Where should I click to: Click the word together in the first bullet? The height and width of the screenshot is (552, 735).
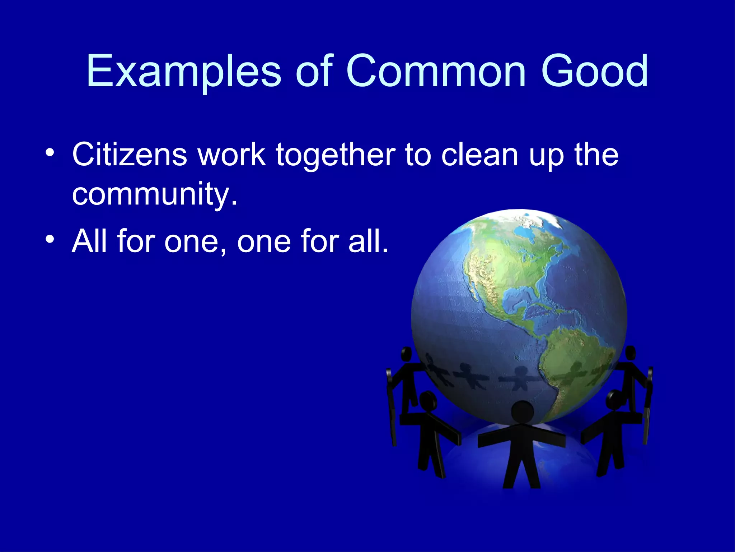pyautogui.click(x=335, y=155)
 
